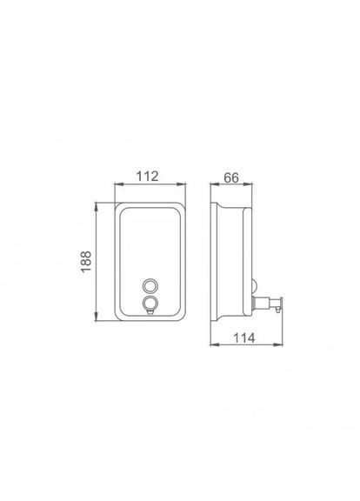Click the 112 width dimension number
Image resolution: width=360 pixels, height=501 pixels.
tap(148, 176)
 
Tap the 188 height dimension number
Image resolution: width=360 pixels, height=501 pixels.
tap(86, 262)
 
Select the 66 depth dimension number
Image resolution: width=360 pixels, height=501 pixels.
tap(231, 177)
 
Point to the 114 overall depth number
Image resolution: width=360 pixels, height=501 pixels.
tap(244, 337)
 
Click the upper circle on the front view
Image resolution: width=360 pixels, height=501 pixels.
tap(150, 285)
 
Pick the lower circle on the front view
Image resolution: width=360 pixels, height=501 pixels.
tap(150, 303)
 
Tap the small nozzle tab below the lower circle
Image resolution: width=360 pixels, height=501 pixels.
tap(150, 311)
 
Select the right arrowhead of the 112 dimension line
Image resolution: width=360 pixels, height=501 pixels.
tap(182, 184)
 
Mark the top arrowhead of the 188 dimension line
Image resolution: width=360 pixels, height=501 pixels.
tap(97, 206)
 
